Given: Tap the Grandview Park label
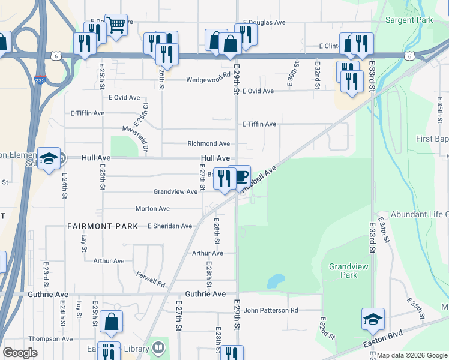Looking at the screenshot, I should (343, 271).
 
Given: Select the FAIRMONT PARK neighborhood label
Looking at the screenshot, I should (96, 226).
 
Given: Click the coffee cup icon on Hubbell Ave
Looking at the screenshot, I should (240, 176).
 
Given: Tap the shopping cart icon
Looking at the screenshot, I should (116, 24).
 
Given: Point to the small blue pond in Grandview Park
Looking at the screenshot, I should (276, 280).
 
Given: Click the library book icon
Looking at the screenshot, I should (158, 346).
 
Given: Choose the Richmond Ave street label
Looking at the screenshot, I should (208, 144).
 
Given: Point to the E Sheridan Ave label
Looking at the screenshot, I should (170, 226).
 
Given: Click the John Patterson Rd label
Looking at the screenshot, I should (270, 310).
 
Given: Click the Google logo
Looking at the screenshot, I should (20, 353).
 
